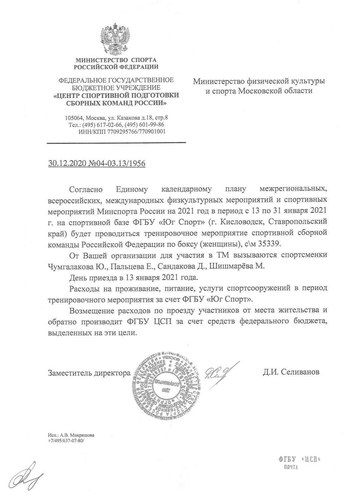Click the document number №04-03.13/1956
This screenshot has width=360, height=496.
coord(116,164)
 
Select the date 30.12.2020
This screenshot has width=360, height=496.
coord(67,164)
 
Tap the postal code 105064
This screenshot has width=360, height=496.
coord(73,118)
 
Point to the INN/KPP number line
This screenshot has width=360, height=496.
coord(122,131)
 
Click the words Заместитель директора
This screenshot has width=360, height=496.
coord(89,373)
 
